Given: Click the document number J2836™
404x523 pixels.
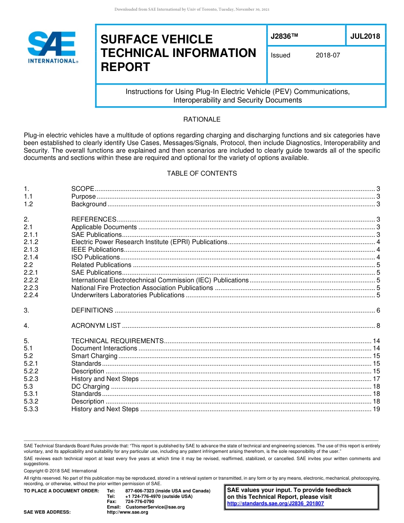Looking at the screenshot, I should click(x=284, y=37).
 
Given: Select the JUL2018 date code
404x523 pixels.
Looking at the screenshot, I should click(x=365, y=37).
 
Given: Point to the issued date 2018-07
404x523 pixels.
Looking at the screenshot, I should click(x=328, y=55).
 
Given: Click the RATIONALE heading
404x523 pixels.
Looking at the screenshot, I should click(x=202, y=119).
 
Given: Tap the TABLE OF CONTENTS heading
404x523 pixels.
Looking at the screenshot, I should click(x=202, y=173).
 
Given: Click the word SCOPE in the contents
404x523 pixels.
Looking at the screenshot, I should click(x=83, y=189).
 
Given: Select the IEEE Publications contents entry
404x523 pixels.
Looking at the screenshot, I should click(x=97, y=250).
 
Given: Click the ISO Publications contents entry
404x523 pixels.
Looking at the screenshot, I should click(x=96, y=257).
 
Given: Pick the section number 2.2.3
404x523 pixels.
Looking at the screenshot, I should click(x=31, y=288).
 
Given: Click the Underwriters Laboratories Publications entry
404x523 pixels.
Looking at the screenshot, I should click(x=128, y=295).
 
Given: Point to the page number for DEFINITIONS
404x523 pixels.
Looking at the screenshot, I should click(x=378, y=310).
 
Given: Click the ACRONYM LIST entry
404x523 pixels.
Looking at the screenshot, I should click(x=96, y=326).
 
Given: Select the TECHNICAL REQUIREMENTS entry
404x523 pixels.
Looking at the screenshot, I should click(x=117, y=341).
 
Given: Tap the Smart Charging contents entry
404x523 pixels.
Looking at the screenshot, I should click(x=94, y=356).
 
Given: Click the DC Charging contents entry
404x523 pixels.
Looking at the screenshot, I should click(x=90, y=387).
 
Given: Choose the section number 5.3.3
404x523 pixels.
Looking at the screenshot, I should click(x=31, y=409).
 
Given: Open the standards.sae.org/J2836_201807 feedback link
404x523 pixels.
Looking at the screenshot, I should click(x=275, y=503).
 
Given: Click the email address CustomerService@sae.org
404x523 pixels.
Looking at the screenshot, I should click(x=155, y=507).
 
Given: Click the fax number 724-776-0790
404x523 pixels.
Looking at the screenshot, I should click(x=139, y=502).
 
